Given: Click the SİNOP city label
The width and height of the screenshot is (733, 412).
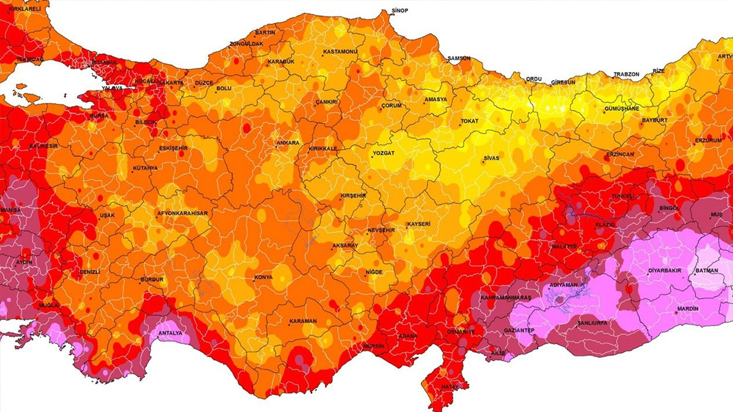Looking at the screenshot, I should pyautogui.click(x=399, y=11).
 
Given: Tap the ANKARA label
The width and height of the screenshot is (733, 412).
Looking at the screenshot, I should pyautogui.click(x=288, y=143).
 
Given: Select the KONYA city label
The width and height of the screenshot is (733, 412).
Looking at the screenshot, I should pyautogui.click(x=263, y=278).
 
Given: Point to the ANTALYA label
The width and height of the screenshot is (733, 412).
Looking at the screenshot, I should pyautogui.click(x=170, y=333).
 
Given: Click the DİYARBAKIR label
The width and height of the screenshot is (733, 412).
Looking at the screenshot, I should pyautogui.click(x=665, y=270).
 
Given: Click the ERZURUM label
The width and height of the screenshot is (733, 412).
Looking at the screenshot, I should pyautogui.click(x=708, y=140).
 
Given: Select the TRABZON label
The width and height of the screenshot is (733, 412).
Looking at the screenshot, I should pyautogui.click(x=626, y=74).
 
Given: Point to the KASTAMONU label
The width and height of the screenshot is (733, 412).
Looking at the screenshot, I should pyautogui.click(x=340, y=52).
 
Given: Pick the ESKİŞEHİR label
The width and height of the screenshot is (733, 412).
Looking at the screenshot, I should pyautogui.click(x=174, y=148).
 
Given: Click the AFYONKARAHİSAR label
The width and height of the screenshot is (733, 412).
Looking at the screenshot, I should pyautogui.click(x=183, y=213).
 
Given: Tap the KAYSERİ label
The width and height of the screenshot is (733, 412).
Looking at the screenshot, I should pyautogui.click(x=418, y=224).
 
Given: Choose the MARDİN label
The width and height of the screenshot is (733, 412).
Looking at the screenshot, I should pyautogui.click(x=687, y=309).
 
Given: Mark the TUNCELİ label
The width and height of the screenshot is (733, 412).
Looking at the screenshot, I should pyautogui.click(x=624, y=197).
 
